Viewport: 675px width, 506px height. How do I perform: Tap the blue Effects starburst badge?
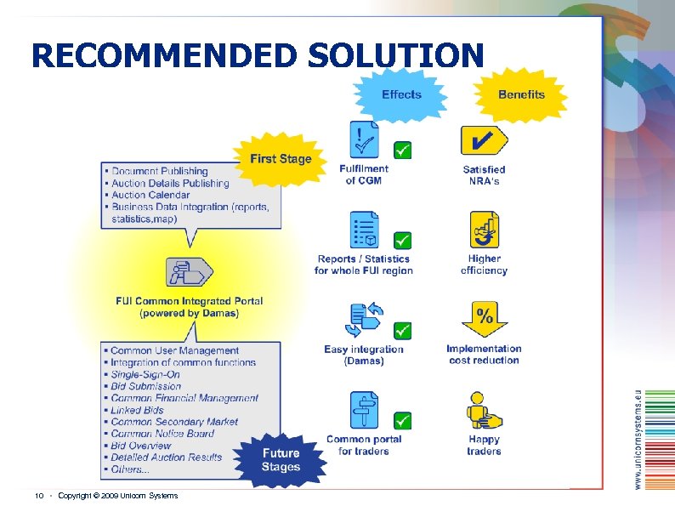point(401,94)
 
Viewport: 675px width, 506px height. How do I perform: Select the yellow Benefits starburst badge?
point(521,94)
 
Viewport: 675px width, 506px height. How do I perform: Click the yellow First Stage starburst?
point(281,159)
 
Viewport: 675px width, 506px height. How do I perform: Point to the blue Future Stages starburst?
point(281,460)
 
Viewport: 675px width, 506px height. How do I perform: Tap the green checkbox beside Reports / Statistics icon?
point(403,241)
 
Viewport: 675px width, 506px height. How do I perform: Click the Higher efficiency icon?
point(484,230)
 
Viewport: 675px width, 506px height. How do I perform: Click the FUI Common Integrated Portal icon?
point(189,272)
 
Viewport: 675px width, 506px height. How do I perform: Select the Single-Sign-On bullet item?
point(145,374)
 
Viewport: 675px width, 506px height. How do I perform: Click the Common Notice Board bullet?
point(162,433)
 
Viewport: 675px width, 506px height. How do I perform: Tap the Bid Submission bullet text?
point(145,386)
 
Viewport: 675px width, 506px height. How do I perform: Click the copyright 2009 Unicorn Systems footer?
point(117,496)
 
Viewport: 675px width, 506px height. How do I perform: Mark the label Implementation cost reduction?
point(484,354)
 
